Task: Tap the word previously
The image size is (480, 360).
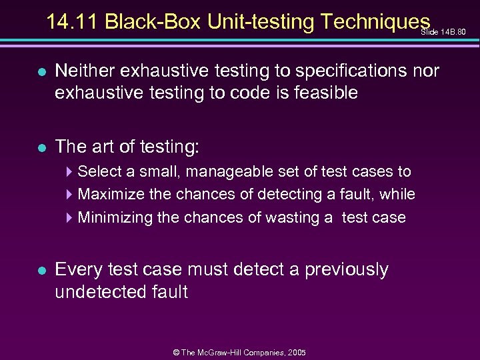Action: point(347,269)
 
